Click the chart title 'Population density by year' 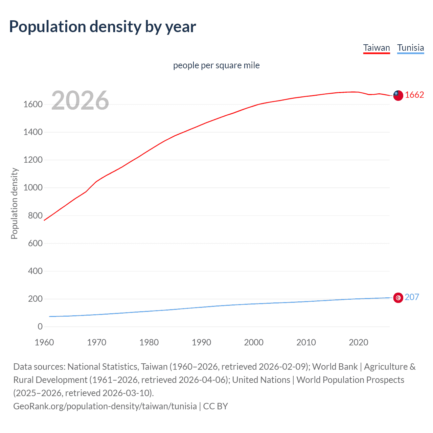pos(102,27)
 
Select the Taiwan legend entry pos(377,48)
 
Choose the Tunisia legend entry pos(410,48)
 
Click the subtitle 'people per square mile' pos(216,65)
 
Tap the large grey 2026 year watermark pos(80,100)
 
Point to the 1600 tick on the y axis pos(33,104)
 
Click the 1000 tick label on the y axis pos(33,188)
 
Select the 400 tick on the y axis pos(35,271)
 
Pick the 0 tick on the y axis pos(40,326)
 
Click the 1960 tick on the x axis pos(44,342)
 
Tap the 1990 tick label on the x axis pos(201,342)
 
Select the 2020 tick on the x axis pos(358,342)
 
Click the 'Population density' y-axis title pos(14,204)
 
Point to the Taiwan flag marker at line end pos(398,95)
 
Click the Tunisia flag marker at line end pos(398,298)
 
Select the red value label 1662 pos(414,95)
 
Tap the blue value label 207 pos(412,297)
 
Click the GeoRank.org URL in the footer pos(105,406)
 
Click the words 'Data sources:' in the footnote pos(39,367)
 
